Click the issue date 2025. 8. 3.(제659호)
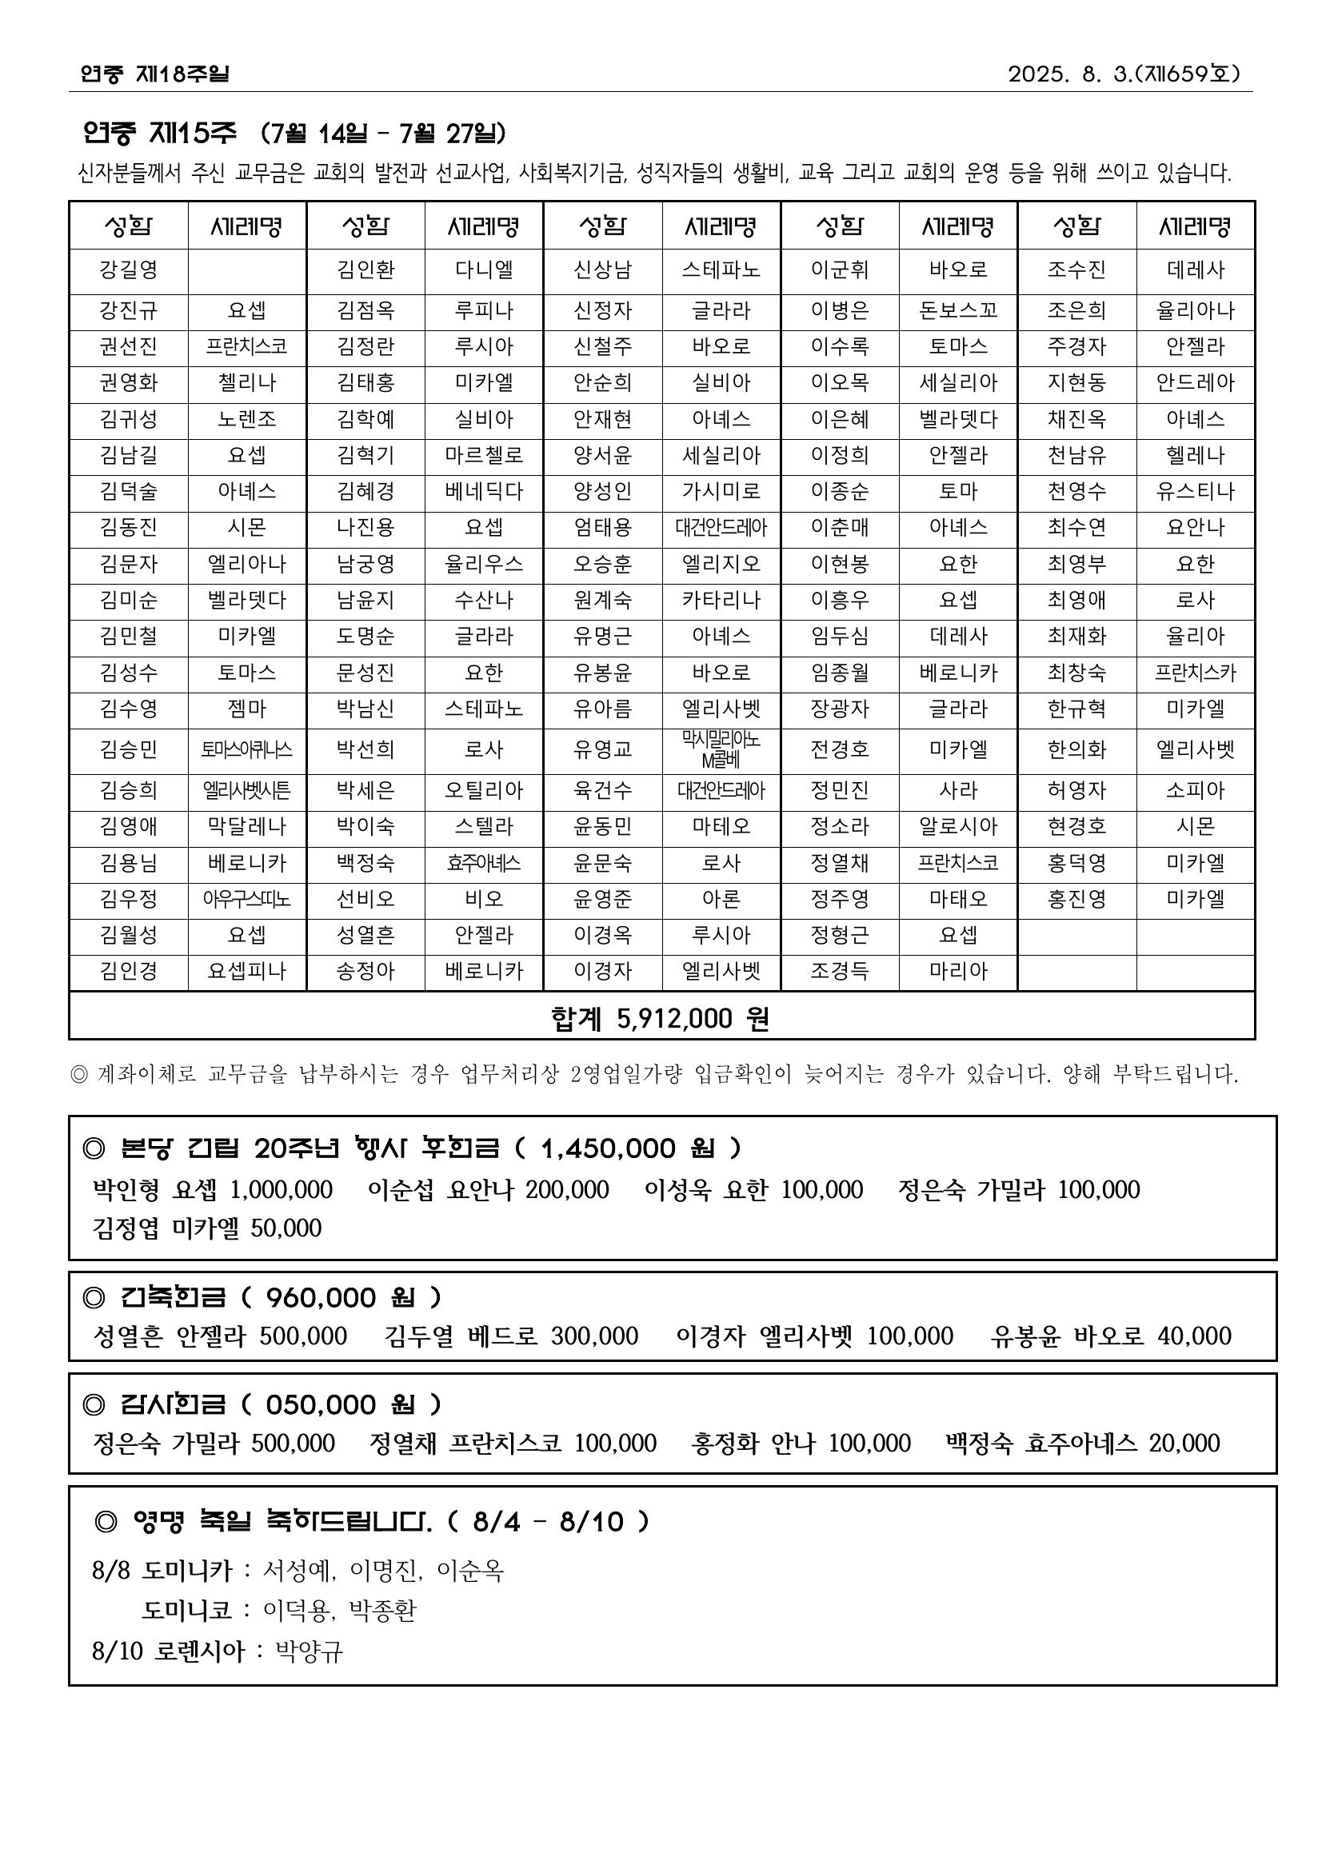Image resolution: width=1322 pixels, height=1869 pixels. (x=1124, y=74)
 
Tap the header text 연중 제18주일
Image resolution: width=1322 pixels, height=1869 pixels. (x=154, y=74)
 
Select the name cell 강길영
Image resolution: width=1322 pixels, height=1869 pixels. (x=129, y=270)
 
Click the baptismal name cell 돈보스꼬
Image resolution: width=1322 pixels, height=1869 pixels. (x=958, y=311)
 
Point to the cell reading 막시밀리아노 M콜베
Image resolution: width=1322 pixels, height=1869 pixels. (x=721, y=749)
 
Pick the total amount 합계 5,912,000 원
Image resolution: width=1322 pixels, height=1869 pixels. (x=660, y=1018)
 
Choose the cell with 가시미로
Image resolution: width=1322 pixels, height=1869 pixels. (x=721, y=492)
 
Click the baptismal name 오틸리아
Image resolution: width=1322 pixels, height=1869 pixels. (x=484, y=790)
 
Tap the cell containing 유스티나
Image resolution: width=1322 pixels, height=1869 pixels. (x=1195, y=492)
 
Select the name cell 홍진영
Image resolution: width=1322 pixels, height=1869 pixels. (x=1076, y=900)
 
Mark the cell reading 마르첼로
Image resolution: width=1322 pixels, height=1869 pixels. (x=484, y=455)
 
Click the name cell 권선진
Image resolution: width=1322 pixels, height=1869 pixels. (x=129, y=347)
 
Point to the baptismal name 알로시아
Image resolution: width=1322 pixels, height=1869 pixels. (x=958, y=827)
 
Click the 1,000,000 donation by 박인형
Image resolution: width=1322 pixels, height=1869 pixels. (x=281, y=1190)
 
